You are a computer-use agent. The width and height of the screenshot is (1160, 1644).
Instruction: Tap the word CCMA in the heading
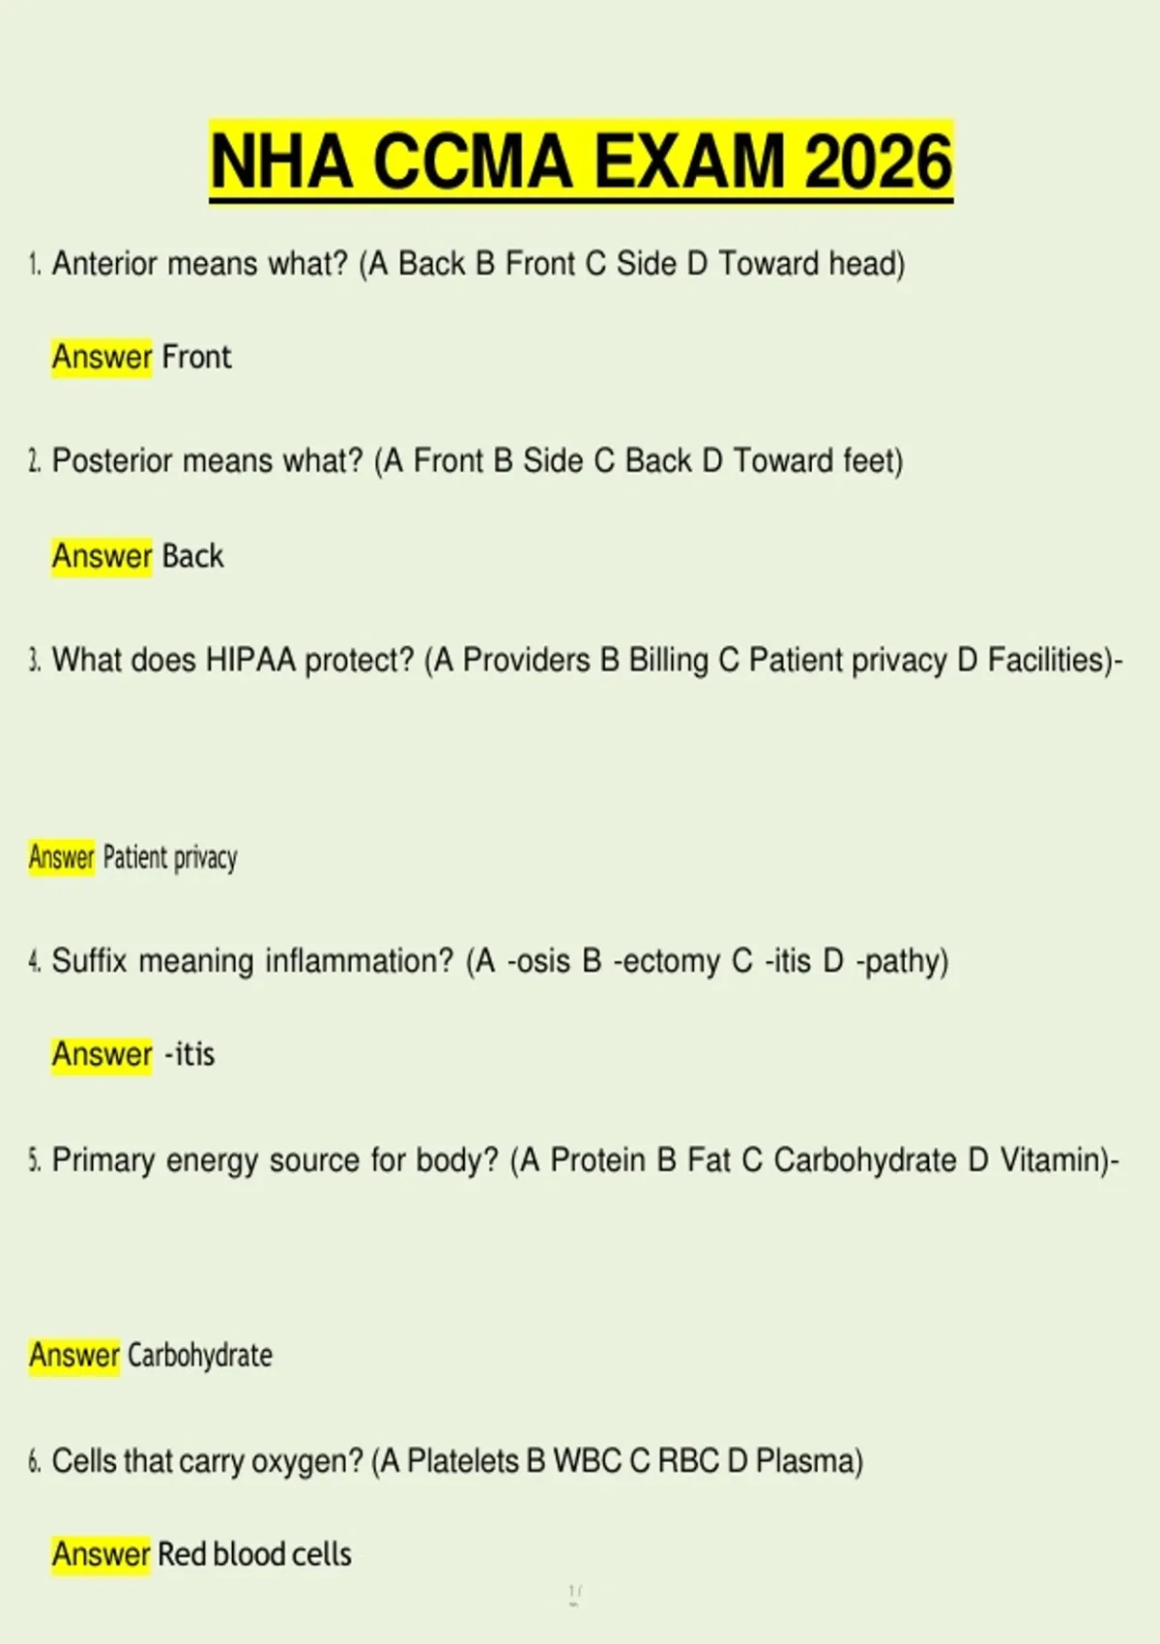(x=473, y=161)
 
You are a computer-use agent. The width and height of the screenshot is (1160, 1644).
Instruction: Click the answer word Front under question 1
(x=196, y=357)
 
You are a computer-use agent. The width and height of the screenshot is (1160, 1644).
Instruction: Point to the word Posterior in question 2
(x=111, y=460)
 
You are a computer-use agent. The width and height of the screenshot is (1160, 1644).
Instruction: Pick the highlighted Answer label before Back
(x=101, y=556)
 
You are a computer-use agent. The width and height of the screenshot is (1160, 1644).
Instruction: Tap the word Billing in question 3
(x=668, y=661)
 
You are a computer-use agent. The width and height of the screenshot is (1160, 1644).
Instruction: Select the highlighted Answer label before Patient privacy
(x=61, y=857)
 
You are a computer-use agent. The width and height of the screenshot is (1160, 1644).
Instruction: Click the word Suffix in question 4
(x=89, y=961)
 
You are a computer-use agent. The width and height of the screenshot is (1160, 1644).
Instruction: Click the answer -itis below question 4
(x=189, y=1054)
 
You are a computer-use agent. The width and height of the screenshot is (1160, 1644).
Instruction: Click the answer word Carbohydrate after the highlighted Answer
(x=199, y=1356)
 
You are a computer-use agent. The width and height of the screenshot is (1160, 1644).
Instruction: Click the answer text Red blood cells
(x=254, y=1554)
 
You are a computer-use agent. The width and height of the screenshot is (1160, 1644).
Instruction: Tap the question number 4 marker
(x=34, y=961)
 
